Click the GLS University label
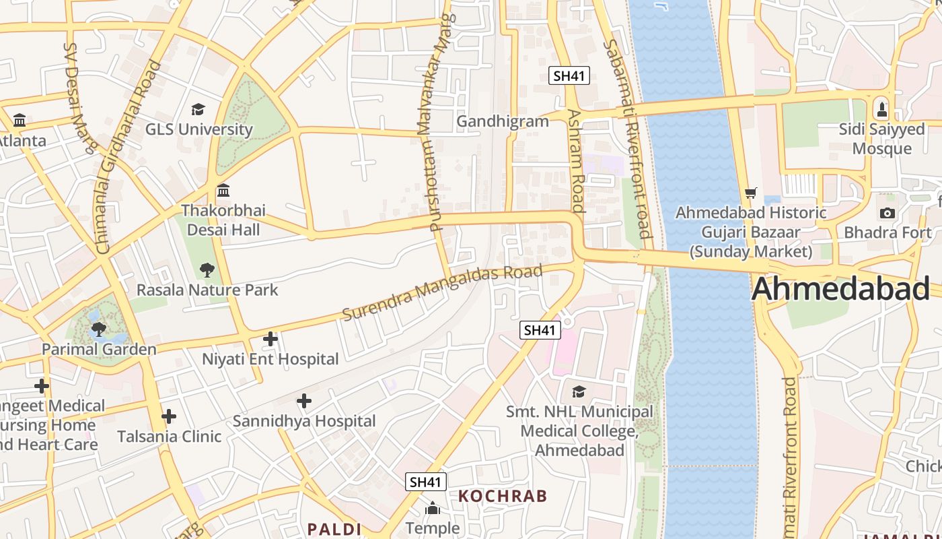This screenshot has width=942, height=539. point(199,129)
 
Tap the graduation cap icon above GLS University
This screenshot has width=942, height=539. point(198,109)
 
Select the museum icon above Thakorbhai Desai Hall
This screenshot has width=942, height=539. point(223,191)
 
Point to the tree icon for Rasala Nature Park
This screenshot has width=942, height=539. point(207,270)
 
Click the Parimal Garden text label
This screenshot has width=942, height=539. point(99,349)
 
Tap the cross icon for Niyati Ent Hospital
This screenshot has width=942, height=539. point(270,339)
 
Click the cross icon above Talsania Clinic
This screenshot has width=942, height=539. point(169,416)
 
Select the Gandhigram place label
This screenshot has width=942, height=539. point(503,121)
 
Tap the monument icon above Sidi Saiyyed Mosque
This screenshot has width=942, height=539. point(882,109)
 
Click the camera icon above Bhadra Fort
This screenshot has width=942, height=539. point(887,214)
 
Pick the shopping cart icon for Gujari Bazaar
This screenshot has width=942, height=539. point(751,193)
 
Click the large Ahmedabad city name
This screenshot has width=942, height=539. point(841,289)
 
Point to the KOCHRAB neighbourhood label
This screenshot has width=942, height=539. point(503,497)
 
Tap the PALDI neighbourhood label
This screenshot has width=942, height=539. point(334,529)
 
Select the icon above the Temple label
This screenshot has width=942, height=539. point(433,508)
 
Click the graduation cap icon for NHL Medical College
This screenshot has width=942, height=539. point(579,391)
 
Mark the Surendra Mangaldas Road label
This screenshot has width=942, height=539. point(442,292)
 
